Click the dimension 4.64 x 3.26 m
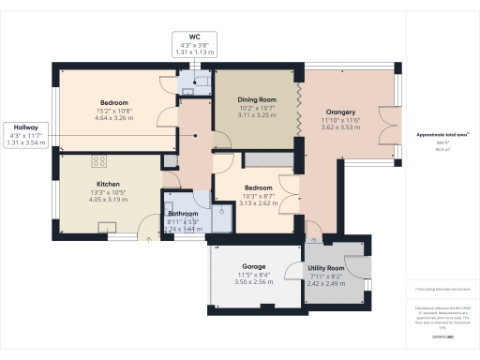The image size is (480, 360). pyautogui.click(x=114, y=118)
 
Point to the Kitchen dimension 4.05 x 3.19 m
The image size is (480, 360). pyautogui.click(x=106, y=200)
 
